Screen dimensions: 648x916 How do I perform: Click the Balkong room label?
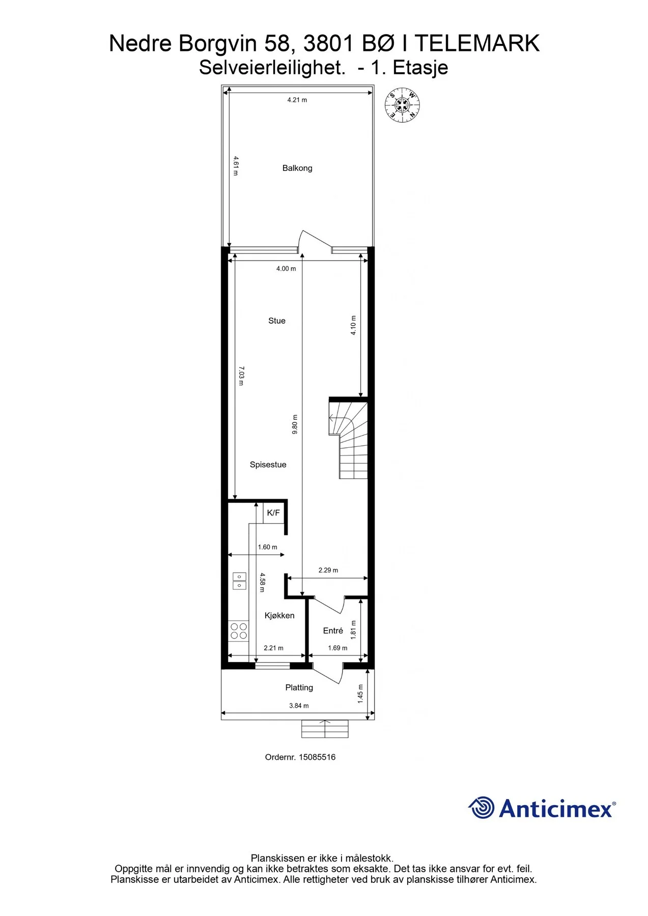tap(297, 168)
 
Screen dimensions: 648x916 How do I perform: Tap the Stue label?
tap(277, 321)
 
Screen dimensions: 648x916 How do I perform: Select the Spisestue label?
tap(268, 465)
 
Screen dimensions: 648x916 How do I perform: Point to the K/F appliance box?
tap(273, 513)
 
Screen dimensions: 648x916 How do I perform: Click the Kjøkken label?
tap(279, 615)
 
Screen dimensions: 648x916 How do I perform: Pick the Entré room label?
tap(333, 631)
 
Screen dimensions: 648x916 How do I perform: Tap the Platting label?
tap(299, 688)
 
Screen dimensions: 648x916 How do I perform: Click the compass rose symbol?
tap(403, 106)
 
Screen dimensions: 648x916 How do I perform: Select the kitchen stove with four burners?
tap(238, 631)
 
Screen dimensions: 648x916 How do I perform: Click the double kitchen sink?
tap(239, 581)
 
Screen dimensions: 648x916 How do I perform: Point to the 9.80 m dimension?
tap(295, 424)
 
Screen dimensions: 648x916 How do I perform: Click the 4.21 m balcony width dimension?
tap(297, 100)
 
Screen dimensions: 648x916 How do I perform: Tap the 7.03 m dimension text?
tap(241, 376)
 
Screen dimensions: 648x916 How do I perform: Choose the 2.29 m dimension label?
tap(328, 570)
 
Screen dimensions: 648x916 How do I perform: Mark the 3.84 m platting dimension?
tap(299, 705)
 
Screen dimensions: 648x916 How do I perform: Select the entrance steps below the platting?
tap(325, 729)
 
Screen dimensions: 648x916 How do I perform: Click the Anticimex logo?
tap(542, 808)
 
